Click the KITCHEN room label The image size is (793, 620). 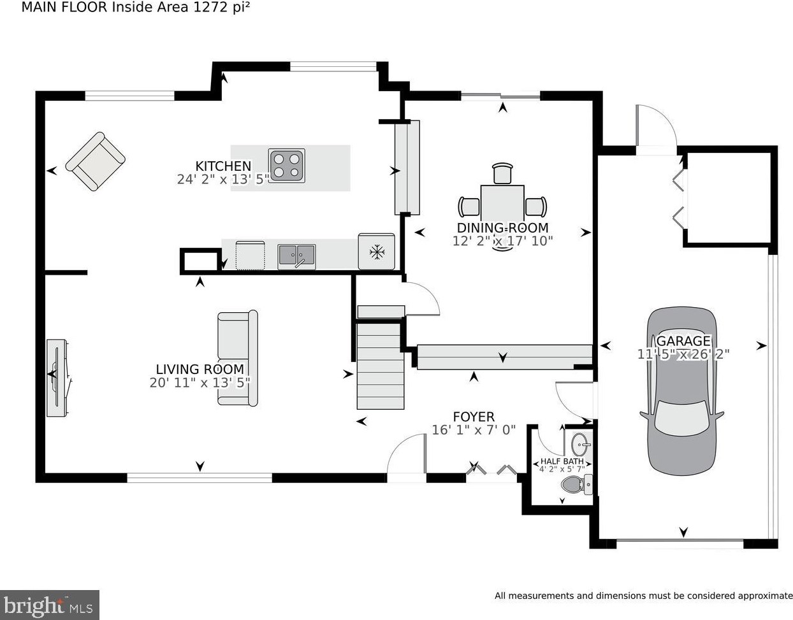(x=223, y=166)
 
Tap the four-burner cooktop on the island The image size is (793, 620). (x=287, y=166)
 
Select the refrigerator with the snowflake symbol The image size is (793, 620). (x=376, y=252)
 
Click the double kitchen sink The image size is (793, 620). (x=296, y=257)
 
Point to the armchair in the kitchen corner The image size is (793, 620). (x=96, y=161)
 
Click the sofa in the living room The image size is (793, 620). (x=238, y=357)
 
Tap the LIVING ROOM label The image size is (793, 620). (x=200, y=370)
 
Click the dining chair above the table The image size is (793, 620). (x=502, y=173)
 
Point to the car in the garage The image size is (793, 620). (x=682, y=391)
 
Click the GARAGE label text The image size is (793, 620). (x=683, y=341)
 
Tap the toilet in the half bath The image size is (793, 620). (x=577, y=484)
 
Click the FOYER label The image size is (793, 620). (x=474, y=417)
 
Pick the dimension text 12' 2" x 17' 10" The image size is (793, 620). (x=502, y=241)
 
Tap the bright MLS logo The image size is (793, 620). (x=49, y=606)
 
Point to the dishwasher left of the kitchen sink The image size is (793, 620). (x=251, y=256)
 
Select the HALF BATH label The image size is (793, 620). (x=562, y=461)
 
